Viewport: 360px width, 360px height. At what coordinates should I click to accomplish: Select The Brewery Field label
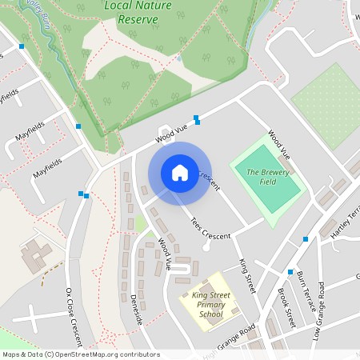pyautogui.click(x=267, y=178)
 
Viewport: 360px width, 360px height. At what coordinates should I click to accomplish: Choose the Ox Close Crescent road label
pyautogui.click(x=74, y=311)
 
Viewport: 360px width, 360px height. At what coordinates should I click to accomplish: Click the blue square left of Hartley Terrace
pyautogui.click(x=305, y=239)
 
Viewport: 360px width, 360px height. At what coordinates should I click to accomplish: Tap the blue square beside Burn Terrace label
pyautogui.click(x=290, y=272)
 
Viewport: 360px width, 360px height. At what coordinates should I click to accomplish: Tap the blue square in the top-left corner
pyautogui.click(x=21, y=46)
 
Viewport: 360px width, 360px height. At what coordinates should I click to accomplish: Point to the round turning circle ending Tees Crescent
pyautogui.click(x=206, y=247)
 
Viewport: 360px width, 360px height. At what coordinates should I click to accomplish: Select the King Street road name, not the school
pyautogui.click(x=246, y=275)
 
